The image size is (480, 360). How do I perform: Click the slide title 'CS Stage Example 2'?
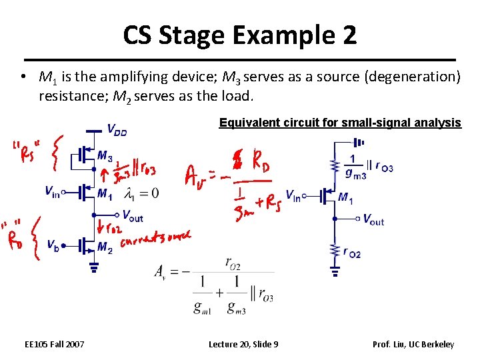pyautogui.click(x=240, y=35)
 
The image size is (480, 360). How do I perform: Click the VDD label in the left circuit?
pyautogui.click(x=117, y=130)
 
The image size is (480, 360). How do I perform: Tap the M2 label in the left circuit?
pyautogui.click(x=105, y=247)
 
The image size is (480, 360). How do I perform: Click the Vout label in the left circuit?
pyautogui.click(x=133, y=215)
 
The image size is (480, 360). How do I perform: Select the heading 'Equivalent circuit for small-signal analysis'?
pyautogui.click(x=340, y=123)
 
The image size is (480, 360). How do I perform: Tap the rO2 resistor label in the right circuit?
pyautogui.click(x=351, y=251)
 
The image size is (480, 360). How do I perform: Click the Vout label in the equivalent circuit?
pyautogui.click(x=373, y=219)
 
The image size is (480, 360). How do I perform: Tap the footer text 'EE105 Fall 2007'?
pyautogui.click(x=55, y=344)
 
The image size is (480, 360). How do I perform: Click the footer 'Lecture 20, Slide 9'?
pyautogui.click(x=243, y=344)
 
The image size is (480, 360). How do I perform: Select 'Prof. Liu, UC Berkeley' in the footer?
pyautogui.click(x=413, y=344)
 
